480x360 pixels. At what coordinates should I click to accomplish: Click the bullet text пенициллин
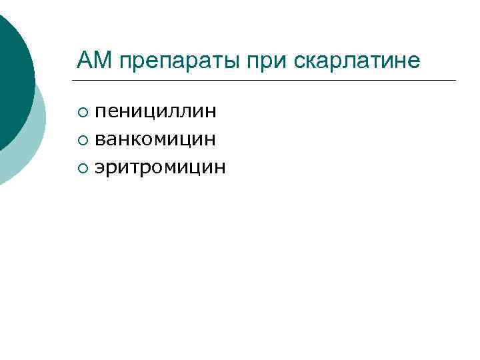pos(155,111)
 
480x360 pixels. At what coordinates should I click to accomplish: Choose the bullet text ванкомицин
pos(155,139)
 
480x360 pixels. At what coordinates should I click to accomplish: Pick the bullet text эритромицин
pos(160,167)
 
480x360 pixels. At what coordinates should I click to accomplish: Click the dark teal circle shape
pos(10,73)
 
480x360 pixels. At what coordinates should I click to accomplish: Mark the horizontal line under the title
pos(267,81)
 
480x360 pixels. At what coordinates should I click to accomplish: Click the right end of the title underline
pos(455,81)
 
